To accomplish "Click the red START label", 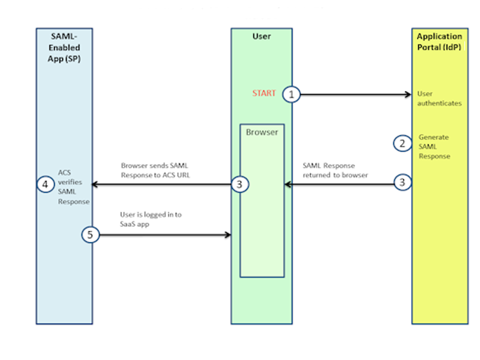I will coord(264,94).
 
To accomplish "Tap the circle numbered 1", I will coord(292,94).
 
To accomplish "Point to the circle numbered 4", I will coord(45,184).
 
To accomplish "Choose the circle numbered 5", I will coord(90,235).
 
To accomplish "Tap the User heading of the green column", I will coord(262,37).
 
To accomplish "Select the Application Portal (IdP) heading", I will coord(440,41).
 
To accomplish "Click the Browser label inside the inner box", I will coord(262,132).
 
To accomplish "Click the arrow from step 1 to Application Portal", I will coord(354,94).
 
